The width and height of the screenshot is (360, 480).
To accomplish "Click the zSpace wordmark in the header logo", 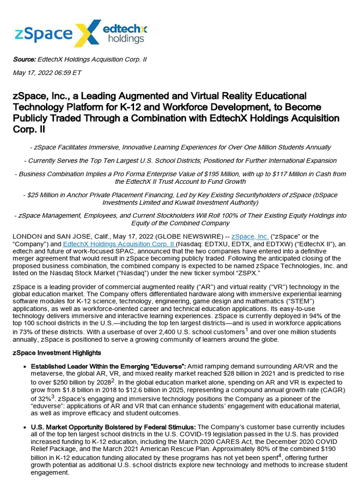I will pos(43,34).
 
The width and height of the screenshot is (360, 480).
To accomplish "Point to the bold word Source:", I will pos(24,60).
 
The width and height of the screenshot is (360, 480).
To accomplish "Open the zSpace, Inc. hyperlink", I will pos(250,237).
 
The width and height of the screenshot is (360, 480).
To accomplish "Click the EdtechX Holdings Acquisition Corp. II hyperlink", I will pos(119,244).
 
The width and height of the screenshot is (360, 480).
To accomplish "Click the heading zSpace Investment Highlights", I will pos(57,352).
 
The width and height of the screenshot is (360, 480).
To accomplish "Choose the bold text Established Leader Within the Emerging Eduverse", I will pos(109,366).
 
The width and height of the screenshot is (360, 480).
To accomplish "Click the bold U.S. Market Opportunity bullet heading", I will pos(114,427).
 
